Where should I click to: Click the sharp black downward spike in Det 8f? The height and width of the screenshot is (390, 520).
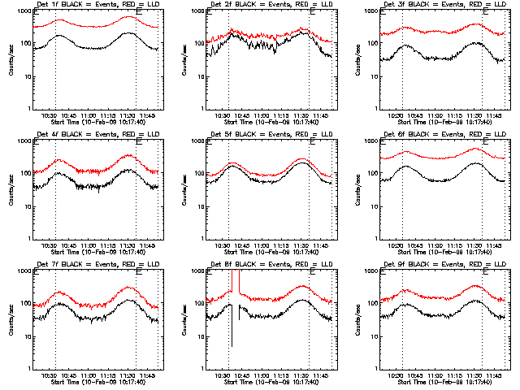pos(232,325)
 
